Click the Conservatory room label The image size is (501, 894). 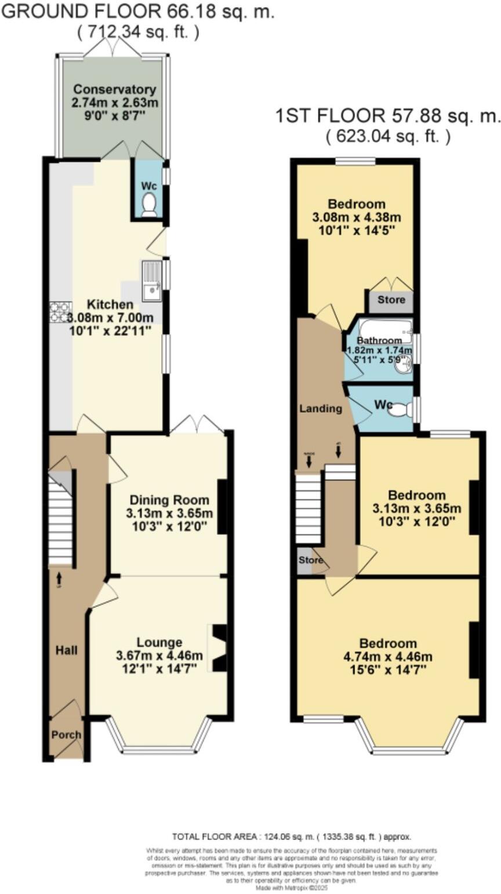point(115,90)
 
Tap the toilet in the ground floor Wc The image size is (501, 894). point(150,204)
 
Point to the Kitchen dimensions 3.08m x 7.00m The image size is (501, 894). point(110,318)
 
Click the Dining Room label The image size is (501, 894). point(169,500)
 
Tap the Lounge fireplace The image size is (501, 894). point(219,649)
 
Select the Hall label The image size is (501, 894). point(66,650)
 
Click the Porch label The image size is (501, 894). point(67,734)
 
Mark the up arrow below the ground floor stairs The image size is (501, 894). point(59,577)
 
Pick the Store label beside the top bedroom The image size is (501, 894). point(391,301)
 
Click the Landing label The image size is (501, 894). point(320,408)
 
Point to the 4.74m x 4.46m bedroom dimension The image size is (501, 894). point(388,657)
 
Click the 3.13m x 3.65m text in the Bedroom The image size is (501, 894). point(417,509)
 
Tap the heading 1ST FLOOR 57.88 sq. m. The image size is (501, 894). point(387,116)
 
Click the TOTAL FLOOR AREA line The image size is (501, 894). point(292,837)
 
